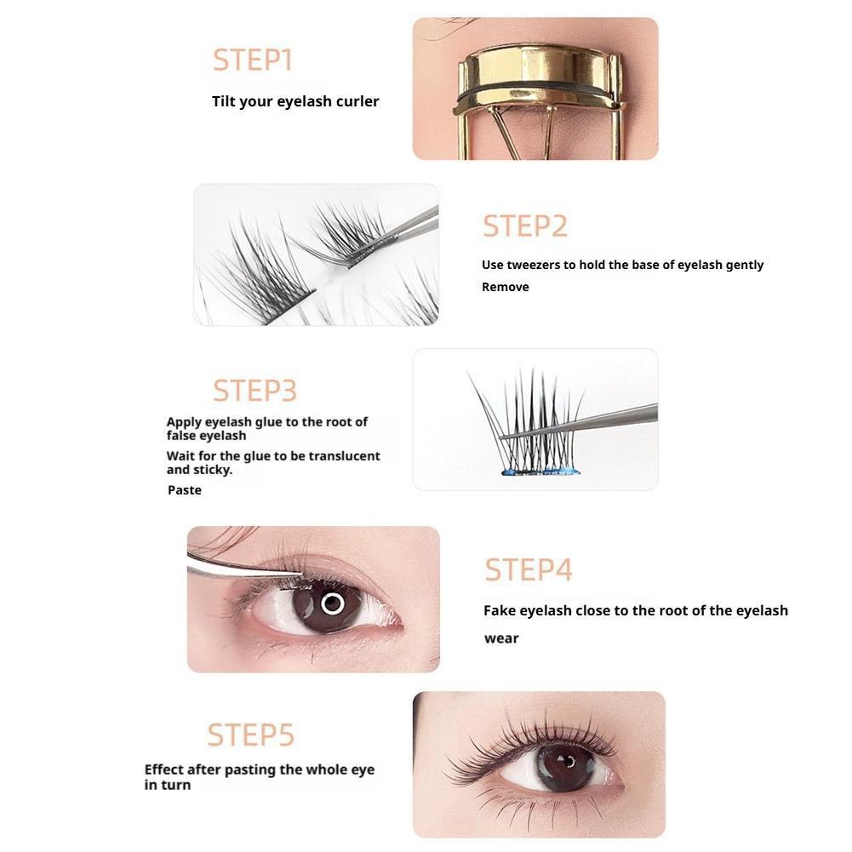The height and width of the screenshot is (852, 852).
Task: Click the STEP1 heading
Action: coord(253,60)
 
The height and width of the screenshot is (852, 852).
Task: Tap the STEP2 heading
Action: coord(525,226)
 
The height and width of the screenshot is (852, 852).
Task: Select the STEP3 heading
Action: coord(254,390)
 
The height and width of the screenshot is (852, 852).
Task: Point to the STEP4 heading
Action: coord(529,570)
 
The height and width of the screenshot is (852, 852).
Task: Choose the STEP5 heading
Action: coord(250,735)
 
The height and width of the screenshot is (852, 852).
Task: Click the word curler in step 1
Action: coord(357,101)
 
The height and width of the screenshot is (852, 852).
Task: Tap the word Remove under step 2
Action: coord(506,287)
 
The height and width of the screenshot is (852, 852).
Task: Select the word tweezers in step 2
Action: coord(534,265)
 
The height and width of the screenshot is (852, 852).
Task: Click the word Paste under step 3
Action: coord(184,490)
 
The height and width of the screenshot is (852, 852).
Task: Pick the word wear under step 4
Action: coord(501,638)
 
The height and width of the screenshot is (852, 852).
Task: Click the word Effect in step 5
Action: coord(163,769)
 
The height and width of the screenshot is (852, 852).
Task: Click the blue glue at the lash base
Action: coord(540,471)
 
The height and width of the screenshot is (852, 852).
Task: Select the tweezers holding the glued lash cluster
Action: coord(579,421)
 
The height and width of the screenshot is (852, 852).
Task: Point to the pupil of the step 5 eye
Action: coord(567,761)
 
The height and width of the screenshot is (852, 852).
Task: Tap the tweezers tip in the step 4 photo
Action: coord(301,573)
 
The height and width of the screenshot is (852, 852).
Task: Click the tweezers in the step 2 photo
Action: coord(394,237)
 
